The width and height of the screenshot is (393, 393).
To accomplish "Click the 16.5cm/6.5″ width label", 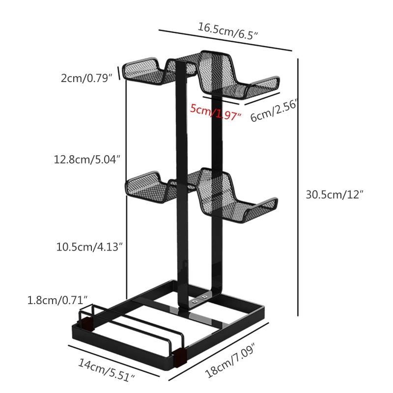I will point(228,31).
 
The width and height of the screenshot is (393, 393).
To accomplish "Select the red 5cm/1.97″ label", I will point(216,112).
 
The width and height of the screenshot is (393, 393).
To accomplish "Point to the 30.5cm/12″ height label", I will point(335,194).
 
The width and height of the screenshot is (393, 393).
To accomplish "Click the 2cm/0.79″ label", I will point(87,77).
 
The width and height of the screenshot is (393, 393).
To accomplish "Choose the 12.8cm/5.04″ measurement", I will point(87,159).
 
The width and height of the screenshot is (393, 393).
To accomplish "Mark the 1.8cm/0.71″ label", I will point(57,299).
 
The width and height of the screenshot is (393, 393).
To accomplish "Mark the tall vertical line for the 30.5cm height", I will point(298,187).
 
